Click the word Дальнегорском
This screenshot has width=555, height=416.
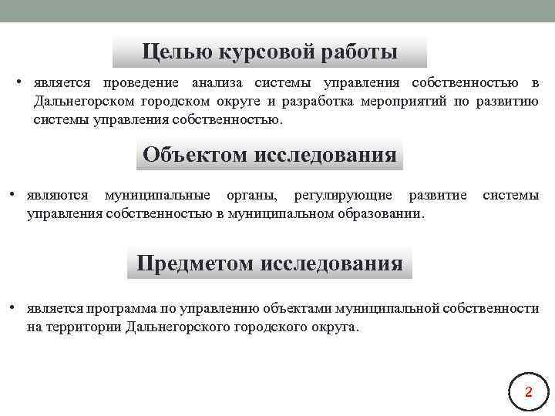coord(80,102)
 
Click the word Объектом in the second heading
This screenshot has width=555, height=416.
coord(194,155)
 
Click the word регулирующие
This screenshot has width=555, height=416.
coord(343,195)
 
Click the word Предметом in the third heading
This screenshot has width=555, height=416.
coord(196,263)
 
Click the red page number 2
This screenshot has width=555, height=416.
coord(528,392)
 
